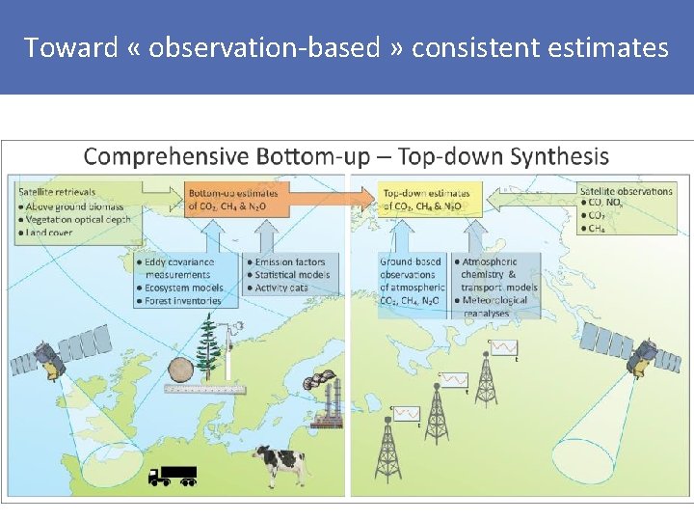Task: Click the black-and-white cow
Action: [x=280, y=467]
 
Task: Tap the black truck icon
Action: [x=173, y=475]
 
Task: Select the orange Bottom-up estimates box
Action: [x=232, y=199]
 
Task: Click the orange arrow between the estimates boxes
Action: [x=329, y=200]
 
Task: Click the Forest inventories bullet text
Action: [x=182, y=301]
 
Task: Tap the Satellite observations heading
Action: [x=626, y=190]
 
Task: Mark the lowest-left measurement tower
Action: [x=387, y=453]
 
